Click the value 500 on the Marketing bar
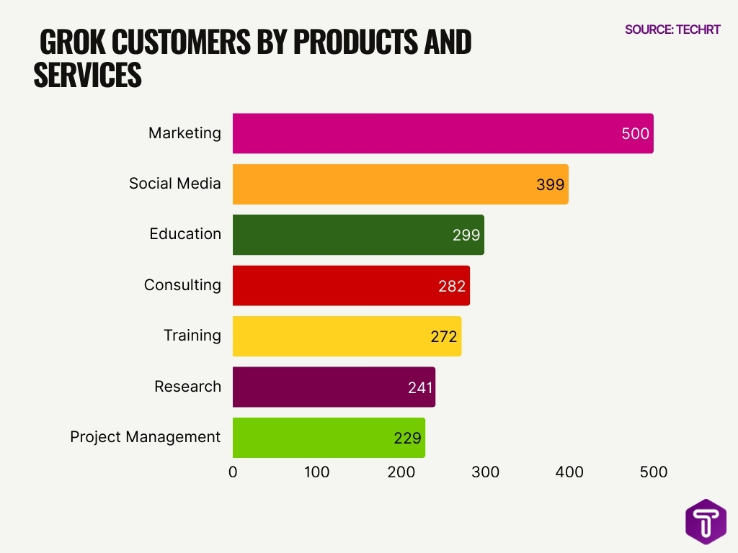(635, 134)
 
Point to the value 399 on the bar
(550, 185)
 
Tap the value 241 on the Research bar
(419, 387)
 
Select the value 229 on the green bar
(407, 438)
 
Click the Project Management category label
(145, 437)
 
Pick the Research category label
(187, 387)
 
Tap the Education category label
(185, 234)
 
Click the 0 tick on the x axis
(233, 472)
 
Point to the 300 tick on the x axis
(485, 472)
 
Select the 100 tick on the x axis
(316, 472)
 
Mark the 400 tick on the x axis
(569, 472)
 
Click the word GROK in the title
(72, 44)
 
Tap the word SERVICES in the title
(87, 76)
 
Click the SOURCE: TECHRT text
(672, 30)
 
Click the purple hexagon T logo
(705, 521)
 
